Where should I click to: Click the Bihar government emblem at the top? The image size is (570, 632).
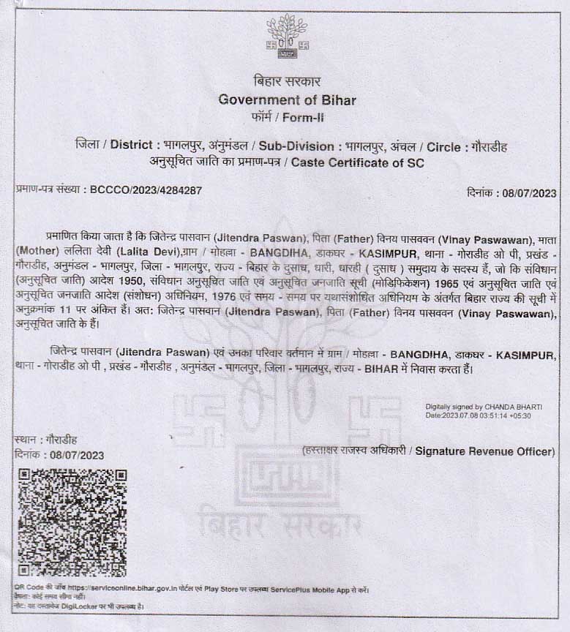point(287,37)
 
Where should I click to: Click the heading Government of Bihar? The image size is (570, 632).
point(287,99)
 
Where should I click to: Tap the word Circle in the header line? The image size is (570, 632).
point(444,146)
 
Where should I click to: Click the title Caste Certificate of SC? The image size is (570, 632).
point(357,162)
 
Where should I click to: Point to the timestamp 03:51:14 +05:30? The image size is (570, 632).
point(500,415)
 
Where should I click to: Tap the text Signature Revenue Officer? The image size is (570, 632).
point(485,451)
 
